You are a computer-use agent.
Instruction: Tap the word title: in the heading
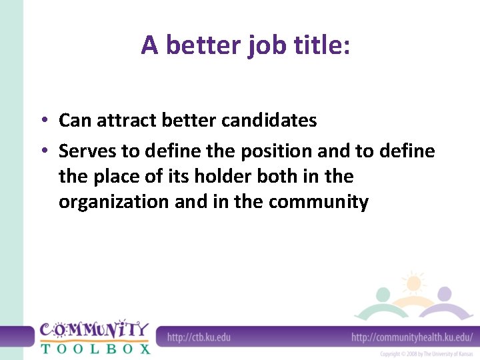pyautogui.click(x=323, y=45)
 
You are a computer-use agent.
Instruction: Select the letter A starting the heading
pyautogui.click(x=150, y=45)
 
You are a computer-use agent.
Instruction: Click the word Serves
pyautogui.click(x=87, y=151)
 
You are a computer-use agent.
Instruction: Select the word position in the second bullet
pyautogui.click(x=276, y=152)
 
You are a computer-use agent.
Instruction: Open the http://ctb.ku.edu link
pyautogui.click(x=199, y=337)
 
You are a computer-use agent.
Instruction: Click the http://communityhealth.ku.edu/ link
pyautogui.click(x=412, y=337)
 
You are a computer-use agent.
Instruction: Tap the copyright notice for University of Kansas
pyautogui.click(x=427, y=354)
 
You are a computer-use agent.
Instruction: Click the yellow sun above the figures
pyautogui.click(x=413, y=283)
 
